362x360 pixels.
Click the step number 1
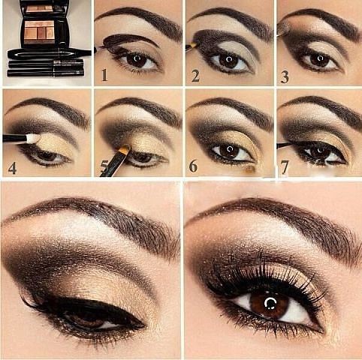104,75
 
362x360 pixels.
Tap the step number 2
195,76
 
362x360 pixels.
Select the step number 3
285,77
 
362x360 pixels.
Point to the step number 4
12,168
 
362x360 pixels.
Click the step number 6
193,166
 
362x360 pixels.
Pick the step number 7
285,167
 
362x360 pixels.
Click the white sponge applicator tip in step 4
33,138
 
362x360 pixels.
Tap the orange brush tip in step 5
125,149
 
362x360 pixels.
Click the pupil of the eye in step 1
137,59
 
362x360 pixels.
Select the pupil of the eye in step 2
228,60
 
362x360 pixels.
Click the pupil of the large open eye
270,303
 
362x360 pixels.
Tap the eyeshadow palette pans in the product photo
39,32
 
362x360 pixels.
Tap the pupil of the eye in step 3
319,59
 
